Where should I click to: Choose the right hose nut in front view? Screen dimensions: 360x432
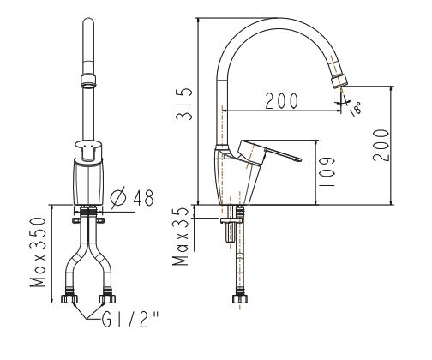pyautogui.click(x=107, y=300)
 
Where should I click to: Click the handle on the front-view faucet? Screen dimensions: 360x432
pyautogui.click(x=89, y=151)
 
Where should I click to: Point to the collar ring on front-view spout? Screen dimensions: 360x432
pyautogui.click(x=89, y=83)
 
